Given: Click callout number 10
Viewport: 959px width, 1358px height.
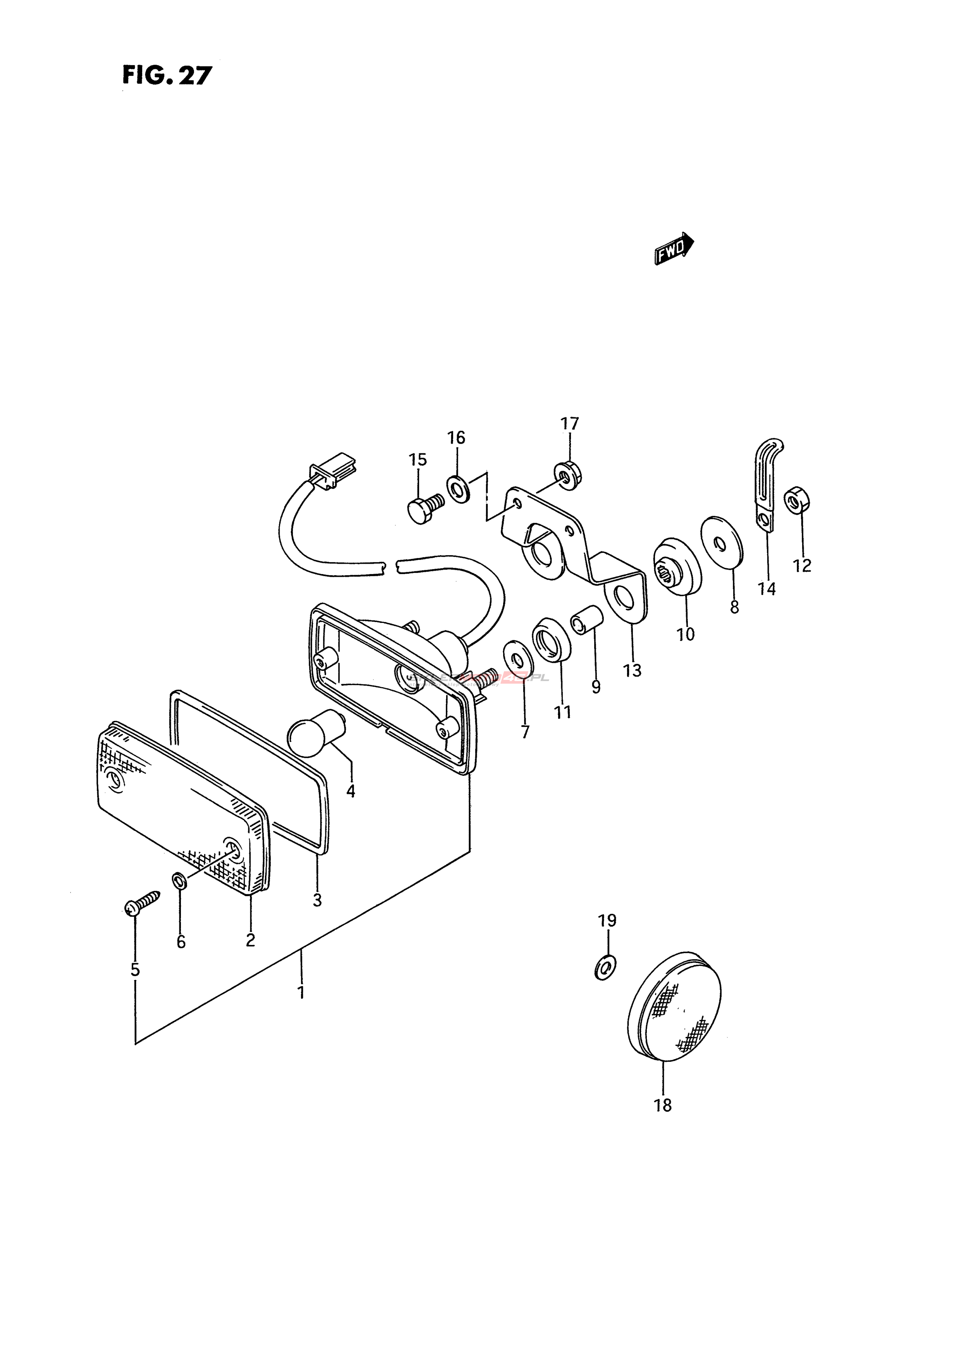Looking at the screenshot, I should point(686,634).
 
